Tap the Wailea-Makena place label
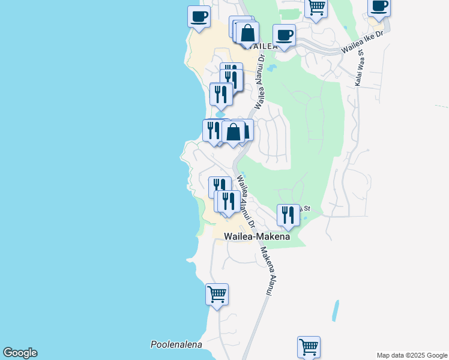(x=257, y=237)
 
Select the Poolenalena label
(x=176, y=344)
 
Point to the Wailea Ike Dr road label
(x=361, y=43)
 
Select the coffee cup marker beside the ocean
(x=199, y=17)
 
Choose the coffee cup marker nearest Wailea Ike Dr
(x=284, y=35)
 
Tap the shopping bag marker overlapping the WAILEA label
(x=247, y=34)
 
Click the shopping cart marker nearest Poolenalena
(x=217, y=295)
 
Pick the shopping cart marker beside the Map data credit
(x=309, y=347)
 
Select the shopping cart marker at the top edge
(x=316, y=8)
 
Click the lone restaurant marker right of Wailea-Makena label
(x=288, y=215)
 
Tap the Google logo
(x=20, y=353)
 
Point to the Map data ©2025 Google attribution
(x=411, y=355)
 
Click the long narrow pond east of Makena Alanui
(x=334, y=310)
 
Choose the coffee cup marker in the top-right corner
(x=379, y=7)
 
